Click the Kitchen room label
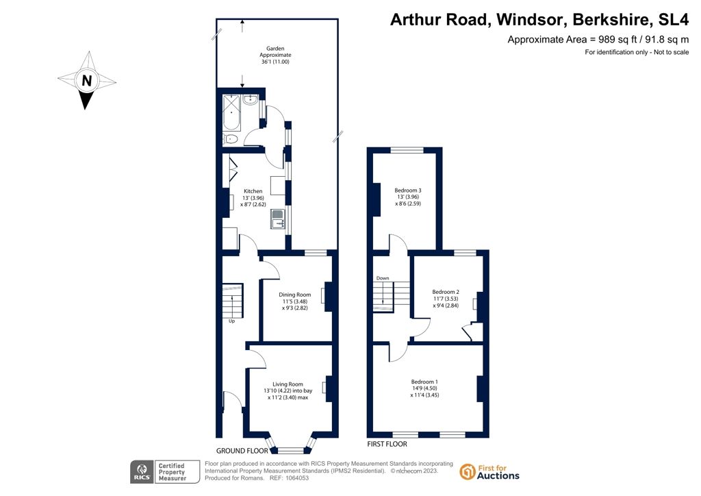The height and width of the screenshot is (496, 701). pyautogui.click(x=253, y=191)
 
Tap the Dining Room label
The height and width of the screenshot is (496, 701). pyautogui.click(x=294, y=295)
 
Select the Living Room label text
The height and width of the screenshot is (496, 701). pyautogui.click(x=288, y=384)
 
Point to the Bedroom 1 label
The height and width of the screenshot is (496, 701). pyautogui.click(x=424, y=382)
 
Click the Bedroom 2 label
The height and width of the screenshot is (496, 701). pyautogui.click(x=446, y=292)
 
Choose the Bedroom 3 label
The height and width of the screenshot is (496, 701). pyautogui.click(x=408, y=190)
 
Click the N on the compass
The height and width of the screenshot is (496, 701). pyautogui.click(x=87, y=81)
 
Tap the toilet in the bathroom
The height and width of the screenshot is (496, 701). pyautogui.click(x=230, y=138)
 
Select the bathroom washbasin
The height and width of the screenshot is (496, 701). pyautogui.click(x=251, y=100)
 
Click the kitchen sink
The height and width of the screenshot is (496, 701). pyautogui.click(x=278, y=219)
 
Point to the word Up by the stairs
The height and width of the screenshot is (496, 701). pyautogui.click(x=231, y=321)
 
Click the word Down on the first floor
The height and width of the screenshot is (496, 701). pyautogui.click(x=383, y=278)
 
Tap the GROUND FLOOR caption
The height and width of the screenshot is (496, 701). pyautogui.click(x=242, y=451)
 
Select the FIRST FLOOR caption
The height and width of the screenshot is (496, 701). pyautogui.click(x=387, y=444)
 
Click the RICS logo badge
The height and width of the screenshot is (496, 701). pyautogui.click(x=165, y=472)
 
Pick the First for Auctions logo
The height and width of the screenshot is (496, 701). pyautogui.click(x=489, y=472)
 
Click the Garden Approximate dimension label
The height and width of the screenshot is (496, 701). pyautogui.click(x=275, y=55)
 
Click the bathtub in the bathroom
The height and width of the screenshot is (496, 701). pyautogui.click(x=232, y=113)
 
